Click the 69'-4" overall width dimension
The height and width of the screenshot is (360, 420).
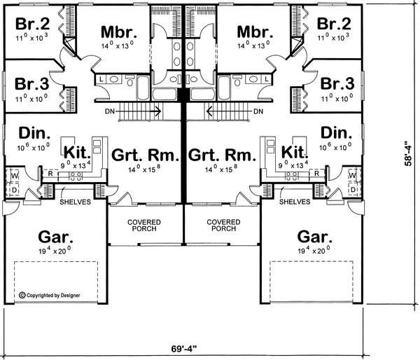[x=183, y=349]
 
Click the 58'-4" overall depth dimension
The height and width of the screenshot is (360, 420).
[x=409, y=153]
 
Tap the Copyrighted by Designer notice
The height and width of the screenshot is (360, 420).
[x=50, y=296]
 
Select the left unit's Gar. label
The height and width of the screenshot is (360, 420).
[x=55, y=237]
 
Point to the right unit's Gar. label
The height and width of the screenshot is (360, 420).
[x=315, y=237]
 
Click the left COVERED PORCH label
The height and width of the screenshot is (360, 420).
[x=144, y=226]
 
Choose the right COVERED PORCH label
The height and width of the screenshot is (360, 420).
[x=223, y=226]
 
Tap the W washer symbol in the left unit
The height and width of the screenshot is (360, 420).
[x=15, y=176]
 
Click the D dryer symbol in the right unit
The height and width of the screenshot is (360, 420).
[x=353, y=190]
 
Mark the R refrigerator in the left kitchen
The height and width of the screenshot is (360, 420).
[x=50, y=174]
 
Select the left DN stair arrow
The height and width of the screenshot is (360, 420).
[x=139, y=111]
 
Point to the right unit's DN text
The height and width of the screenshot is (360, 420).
[x=258, y=111]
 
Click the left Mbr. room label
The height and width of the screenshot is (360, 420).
[x=119, y=32]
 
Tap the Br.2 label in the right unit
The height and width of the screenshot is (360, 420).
[x=334, y=24]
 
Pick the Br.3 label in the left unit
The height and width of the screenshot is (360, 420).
[x=32, y=83]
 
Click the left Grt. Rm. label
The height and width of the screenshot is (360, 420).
[x=145, y=155]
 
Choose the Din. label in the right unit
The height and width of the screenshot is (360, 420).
[x=337, y=133]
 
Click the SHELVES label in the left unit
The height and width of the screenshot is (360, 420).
[x=76, y=202]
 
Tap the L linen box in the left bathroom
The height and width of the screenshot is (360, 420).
[x=101, y=79]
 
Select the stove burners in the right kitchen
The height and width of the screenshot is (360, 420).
[x=292, y=176]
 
